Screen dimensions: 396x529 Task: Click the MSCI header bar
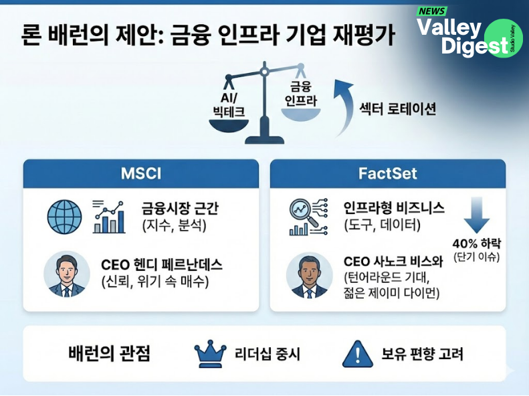pos(141,174)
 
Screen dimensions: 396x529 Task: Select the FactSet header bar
pos(387,174)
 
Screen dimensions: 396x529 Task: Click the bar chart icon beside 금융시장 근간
pos(108,216)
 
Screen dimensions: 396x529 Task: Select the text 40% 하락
pos(477,243)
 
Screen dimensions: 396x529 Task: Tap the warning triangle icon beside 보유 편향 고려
pos(357,355)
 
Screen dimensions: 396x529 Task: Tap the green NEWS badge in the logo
pos(432,11)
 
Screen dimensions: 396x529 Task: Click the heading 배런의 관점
pos(109,355)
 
